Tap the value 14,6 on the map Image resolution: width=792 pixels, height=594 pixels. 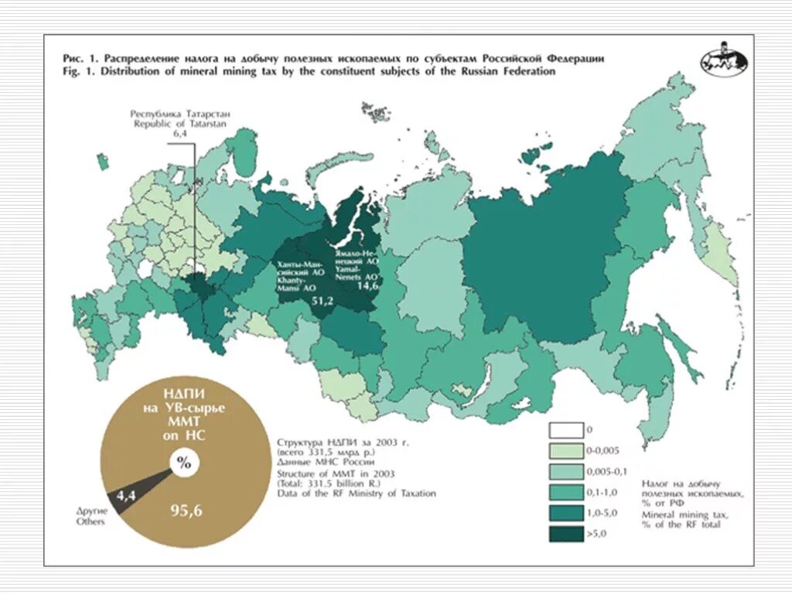(367, 285)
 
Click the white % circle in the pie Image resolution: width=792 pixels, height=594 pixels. (184, 463)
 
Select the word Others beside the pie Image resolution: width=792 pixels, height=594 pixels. (90, 522)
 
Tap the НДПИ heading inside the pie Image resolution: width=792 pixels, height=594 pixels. (183, 394)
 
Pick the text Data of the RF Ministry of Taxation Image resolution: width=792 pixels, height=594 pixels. (356, 493)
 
